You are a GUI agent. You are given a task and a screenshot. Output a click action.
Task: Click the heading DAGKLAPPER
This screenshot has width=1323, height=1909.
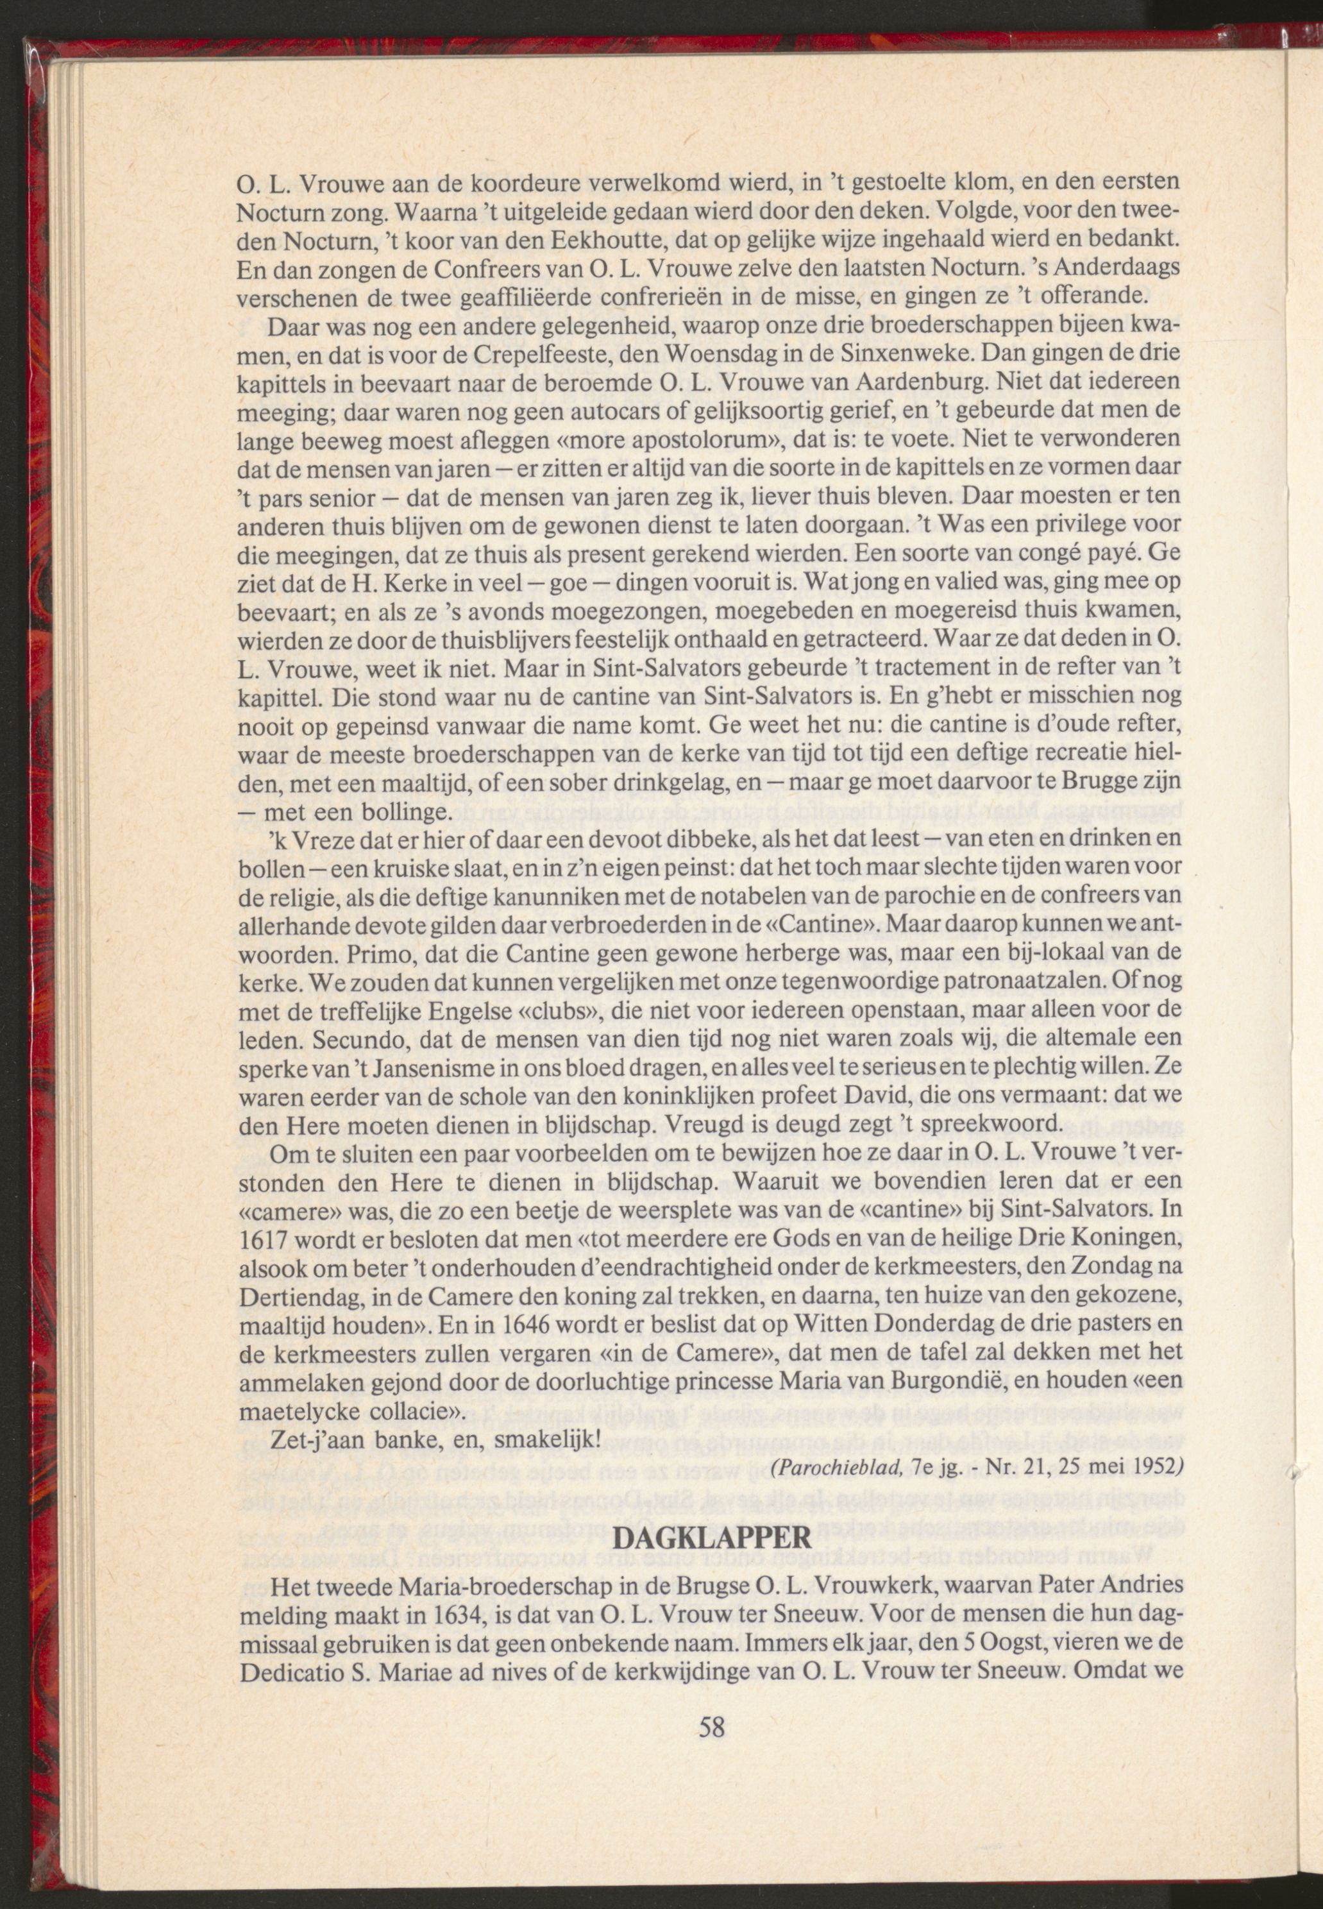(x=714, y=1538)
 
